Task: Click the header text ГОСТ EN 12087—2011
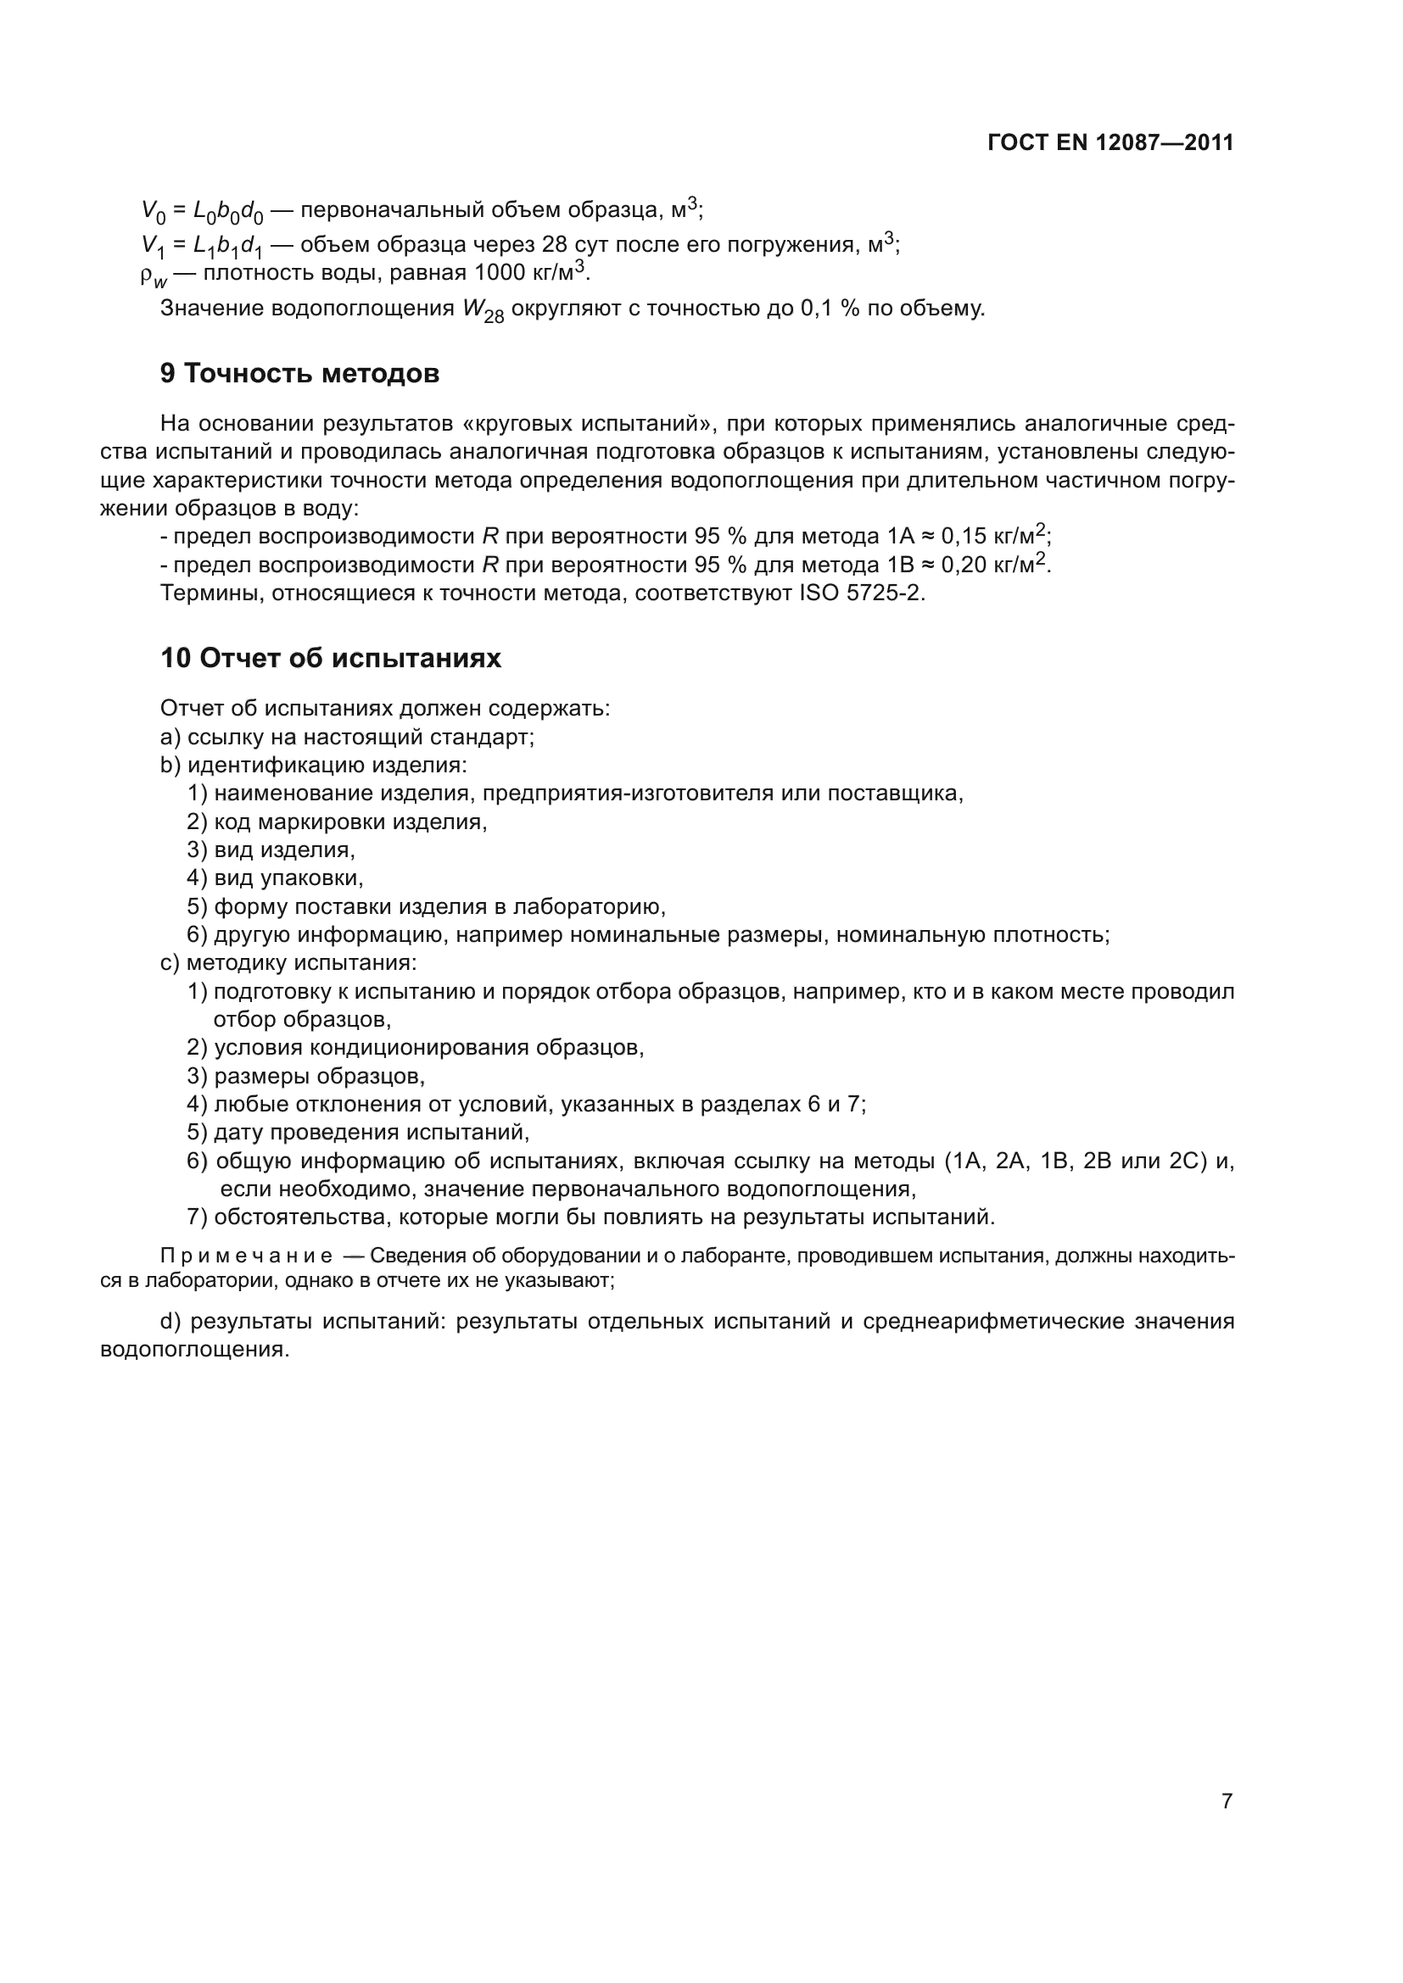tap(1110, 142)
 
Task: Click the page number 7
tap(1227, 1801)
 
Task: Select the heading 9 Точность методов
tap(299, 373)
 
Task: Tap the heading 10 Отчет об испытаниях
tap(330, 658)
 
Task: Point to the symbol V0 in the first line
tap(153, 212)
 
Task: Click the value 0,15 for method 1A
tap(964, 537)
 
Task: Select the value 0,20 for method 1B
tap(964, 565)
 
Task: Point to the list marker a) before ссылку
tap(170, 737)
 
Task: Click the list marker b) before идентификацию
tap(170, 766)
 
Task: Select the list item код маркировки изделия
tap(349, 822)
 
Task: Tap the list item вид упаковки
tap(288, 877)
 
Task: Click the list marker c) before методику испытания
tap(170, 962)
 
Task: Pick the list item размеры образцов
tap(319, 1076)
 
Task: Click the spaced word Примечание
tap(246, 1256)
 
